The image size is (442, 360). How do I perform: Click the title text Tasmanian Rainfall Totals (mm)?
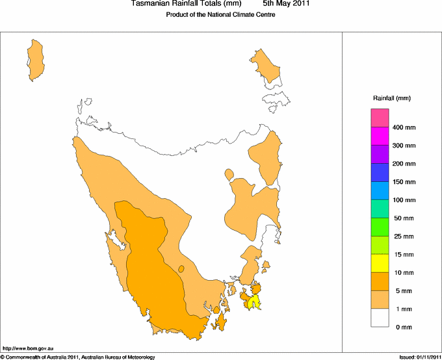pyautogui.click(x=181, y=4)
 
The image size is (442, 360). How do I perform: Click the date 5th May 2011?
pyautogui.click(x=287, y=4)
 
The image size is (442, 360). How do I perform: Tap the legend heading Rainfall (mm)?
pyautogui.click(x=392, y=98)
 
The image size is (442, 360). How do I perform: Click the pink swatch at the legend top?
pyautogui.click(x=380, y=118)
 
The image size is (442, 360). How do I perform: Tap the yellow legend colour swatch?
pyautogui.click(x=380, y=263)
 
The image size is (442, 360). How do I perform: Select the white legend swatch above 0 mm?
pyautogui.click(x=380, y=318)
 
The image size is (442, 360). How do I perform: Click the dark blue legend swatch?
pyautogui.click(x=380, y=172)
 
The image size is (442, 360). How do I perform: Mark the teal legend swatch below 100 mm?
pyautogui.click(x=380, y=209)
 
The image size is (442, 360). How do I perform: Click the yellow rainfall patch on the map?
pyautogui.click(x=255, y=301)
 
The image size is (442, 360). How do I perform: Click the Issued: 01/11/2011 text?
pyautogui.click(x=419, y=357)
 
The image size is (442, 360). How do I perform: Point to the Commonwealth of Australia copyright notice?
pyautogui.click(x=78, y=357)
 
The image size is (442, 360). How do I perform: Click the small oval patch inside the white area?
pyautogui.click(x=229, y=174)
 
